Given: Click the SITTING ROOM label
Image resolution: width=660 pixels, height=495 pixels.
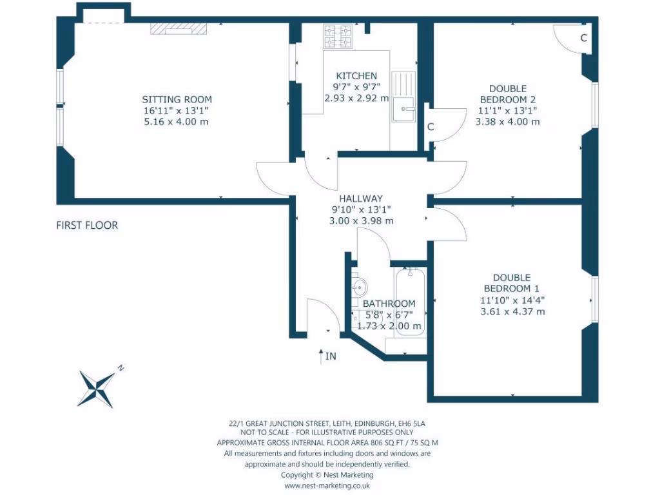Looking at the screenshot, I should (177, 99).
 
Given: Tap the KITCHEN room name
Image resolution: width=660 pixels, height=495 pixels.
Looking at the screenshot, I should (356, 75).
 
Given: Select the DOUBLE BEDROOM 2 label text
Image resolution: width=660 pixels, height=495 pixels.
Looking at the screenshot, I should (507, 94).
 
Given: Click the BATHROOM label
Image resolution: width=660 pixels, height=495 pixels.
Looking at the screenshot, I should (389, 304).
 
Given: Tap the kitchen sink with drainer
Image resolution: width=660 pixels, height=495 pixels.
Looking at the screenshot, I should (404, 97).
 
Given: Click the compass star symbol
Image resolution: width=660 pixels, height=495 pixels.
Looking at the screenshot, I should (97, 387).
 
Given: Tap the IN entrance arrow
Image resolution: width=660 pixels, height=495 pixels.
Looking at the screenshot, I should (321, 355).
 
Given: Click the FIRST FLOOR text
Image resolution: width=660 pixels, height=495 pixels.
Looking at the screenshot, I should (87, 226).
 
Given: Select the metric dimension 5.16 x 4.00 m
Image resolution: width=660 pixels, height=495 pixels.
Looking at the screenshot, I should (177, 121).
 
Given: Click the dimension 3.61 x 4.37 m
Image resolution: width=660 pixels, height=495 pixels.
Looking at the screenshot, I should (512, 311).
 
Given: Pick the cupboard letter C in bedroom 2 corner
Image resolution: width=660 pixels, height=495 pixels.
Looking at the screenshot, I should (583, 38).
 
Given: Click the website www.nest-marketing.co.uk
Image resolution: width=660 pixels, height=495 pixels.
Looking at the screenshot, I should (327, 485).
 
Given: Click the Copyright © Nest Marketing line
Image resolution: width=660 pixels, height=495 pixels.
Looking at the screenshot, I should (327, 474).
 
